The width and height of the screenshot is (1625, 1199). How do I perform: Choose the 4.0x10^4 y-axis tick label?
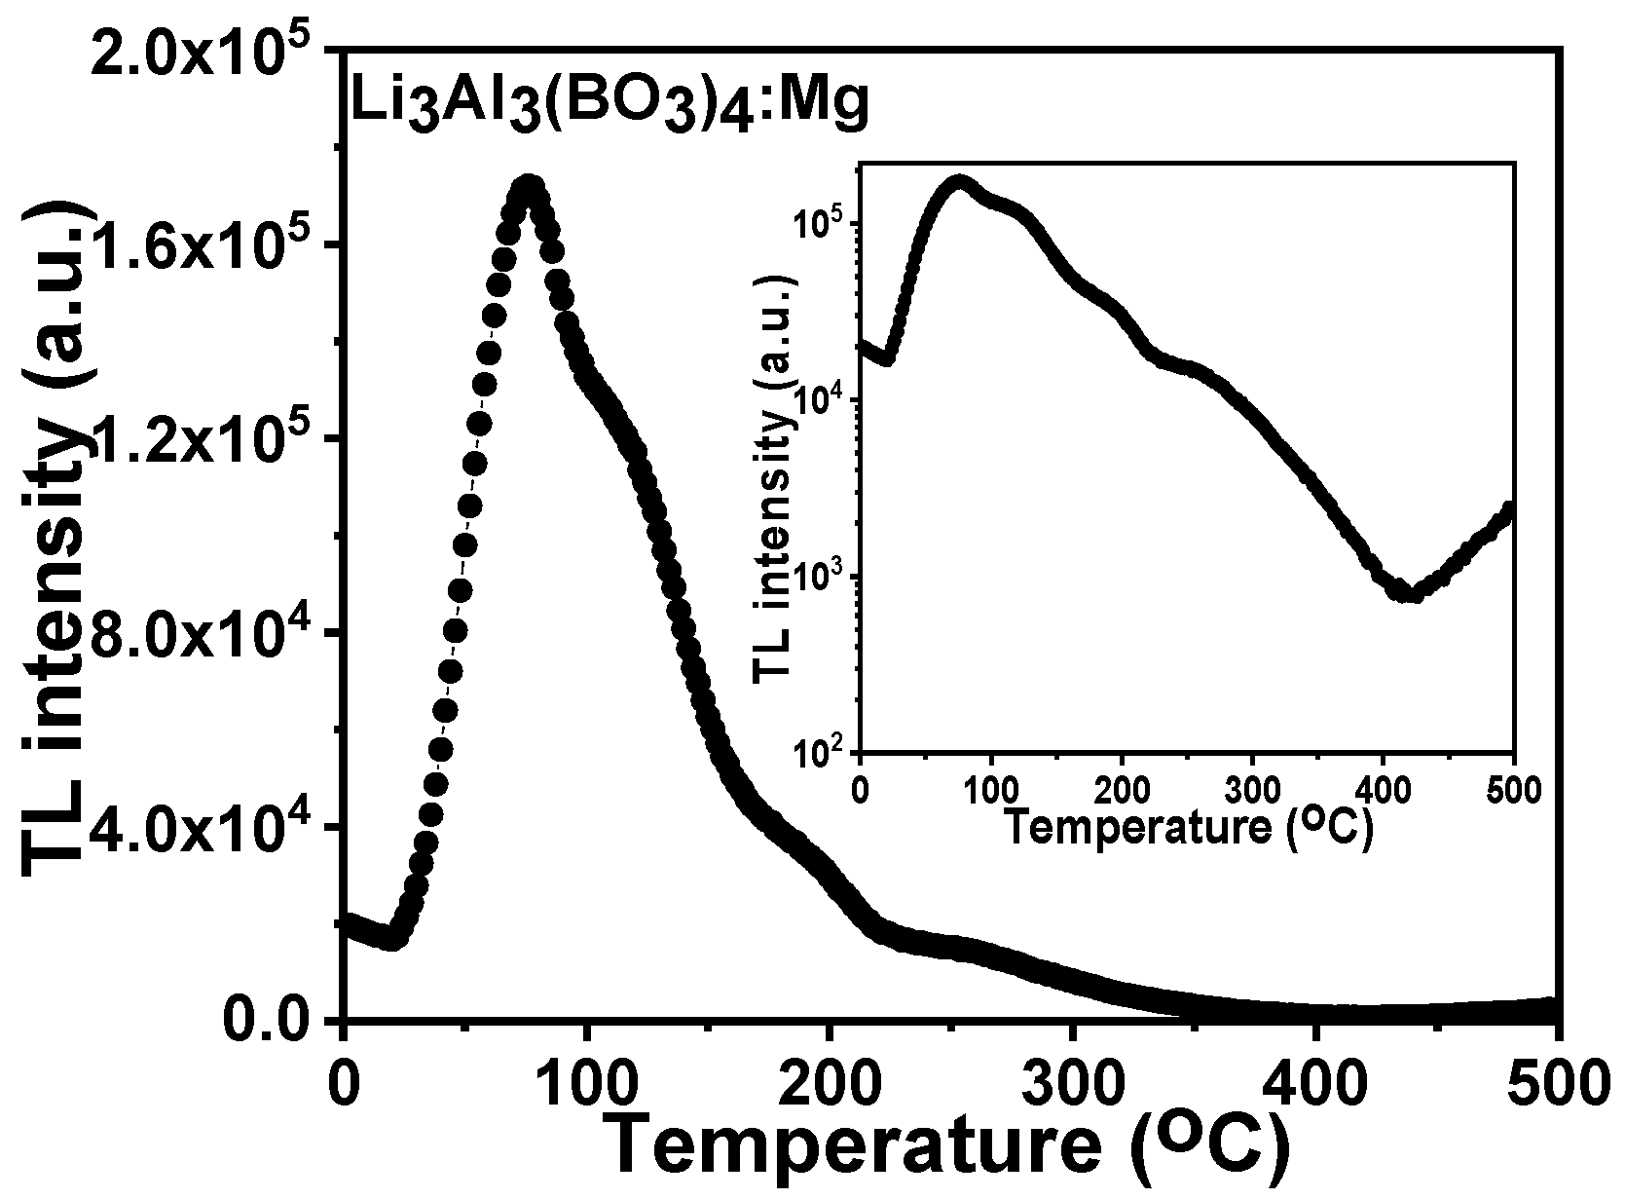(214, 826)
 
